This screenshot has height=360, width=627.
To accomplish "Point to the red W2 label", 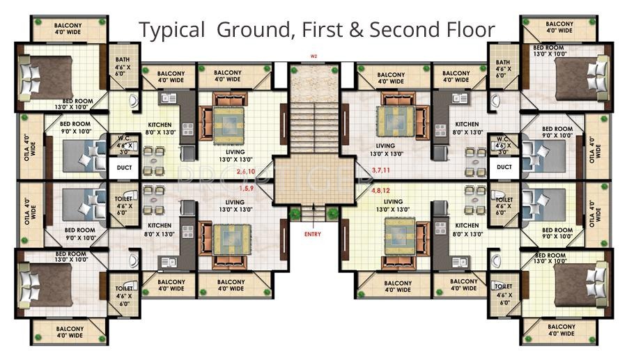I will (x=314, y=55).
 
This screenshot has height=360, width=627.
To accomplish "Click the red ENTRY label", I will (x=313, y=234).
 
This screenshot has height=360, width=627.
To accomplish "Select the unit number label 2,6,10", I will (x=246, y=171).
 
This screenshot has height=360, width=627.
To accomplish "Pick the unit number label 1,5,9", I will (x=245, y=188).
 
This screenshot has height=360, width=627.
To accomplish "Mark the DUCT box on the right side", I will (x=504, y=167).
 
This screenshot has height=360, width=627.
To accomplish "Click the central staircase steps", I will (x=313, y=125).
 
